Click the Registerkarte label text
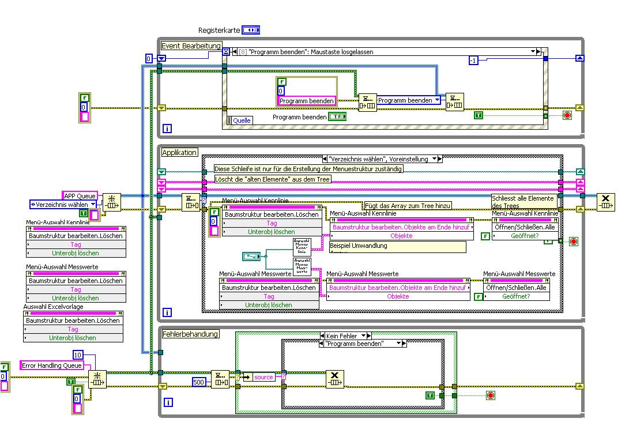coord(219,30)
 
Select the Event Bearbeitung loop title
coord(191,46)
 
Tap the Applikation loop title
coord(179,153)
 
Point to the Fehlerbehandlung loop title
coord(190,334)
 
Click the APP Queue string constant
coord(80,195)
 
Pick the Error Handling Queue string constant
coord(51,365)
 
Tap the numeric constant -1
coord(473,61)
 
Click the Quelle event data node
coord(241,120)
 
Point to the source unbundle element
coord(263,377)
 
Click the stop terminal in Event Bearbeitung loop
coord(567,115)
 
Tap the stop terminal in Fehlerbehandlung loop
coord(490,395)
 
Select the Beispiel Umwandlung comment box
coord(397,246)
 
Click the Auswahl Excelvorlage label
coord(53,307)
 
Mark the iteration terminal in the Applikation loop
coord(167,312)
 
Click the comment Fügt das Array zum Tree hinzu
coord(408,205)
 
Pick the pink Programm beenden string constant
coord(306,101)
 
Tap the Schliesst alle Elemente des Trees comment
coord(524,201)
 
